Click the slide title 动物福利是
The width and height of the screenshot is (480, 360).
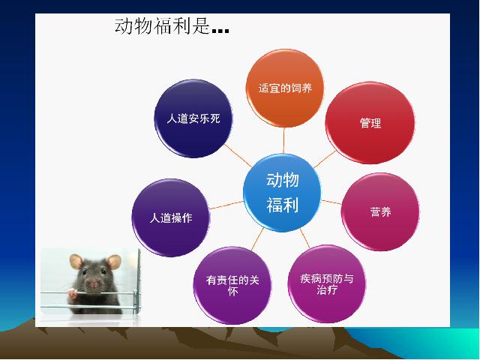pos(162,25)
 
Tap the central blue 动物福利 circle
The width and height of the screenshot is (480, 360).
pos(282,193)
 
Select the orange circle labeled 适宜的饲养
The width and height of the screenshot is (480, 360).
pos(285,88)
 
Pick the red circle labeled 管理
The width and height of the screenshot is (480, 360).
pos(370,123)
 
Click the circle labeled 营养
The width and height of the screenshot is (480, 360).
pos(380,211)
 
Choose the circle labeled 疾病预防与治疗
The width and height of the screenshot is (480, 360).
pos(327,283)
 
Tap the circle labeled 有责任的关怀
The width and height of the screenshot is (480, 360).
pos(232,285)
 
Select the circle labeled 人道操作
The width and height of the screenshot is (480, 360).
pos(171,218)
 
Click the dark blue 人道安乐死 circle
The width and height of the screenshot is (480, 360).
pos(193,118)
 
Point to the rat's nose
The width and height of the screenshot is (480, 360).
pos(94,284)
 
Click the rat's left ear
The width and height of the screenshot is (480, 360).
pos(76,261)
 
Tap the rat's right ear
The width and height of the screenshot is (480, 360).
pos(114,262)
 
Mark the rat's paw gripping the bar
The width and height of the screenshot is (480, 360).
pos(73,294)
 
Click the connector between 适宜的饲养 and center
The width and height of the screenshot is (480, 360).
pos(283,140)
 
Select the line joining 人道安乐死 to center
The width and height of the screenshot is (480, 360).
pos(238,155)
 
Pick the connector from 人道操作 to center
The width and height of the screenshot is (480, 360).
pos(226,205)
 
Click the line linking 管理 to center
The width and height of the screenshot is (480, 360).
pos(325,159)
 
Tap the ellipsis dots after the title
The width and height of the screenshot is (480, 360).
pos(220,30)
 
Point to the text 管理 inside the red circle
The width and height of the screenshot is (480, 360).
pos(370,123)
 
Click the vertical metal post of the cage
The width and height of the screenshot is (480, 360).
pos(138,280)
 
